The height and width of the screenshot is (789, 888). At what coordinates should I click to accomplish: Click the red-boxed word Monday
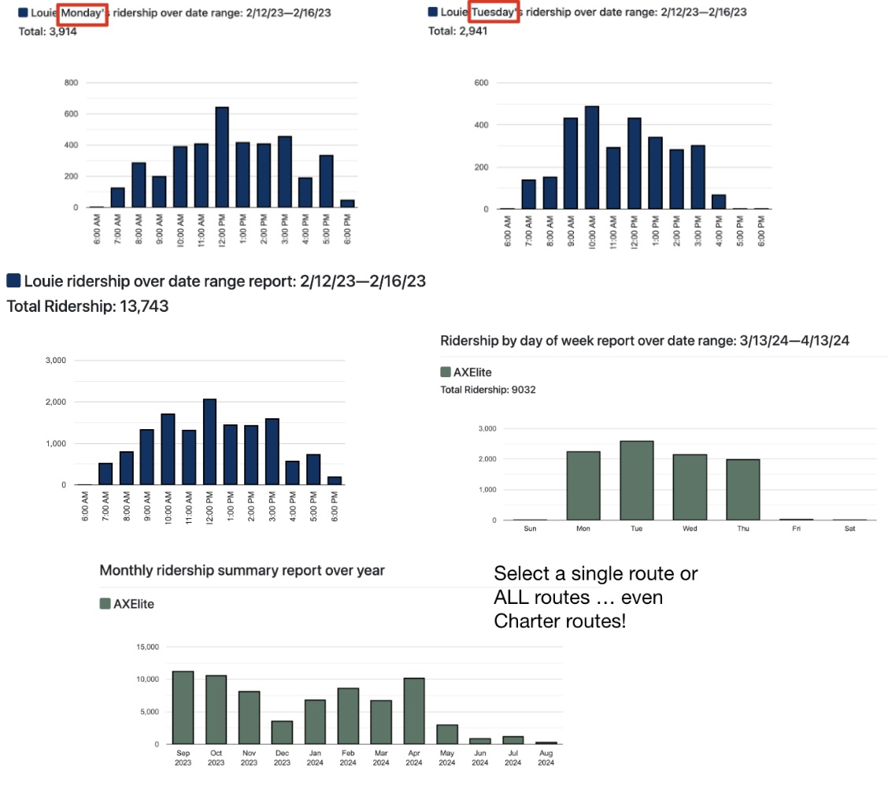click(83, 13)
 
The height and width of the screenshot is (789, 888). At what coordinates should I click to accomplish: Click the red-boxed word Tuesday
click(494, 12)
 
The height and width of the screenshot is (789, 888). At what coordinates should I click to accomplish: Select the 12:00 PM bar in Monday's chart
click(222, 157)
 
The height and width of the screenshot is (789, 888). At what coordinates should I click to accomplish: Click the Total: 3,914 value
click(47, 31)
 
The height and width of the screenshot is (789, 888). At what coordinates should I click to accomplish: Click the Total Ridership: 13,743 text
click(87, 306)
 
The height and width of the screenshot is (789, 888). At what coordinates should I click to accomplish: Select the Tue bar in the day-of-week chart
click(636, 480)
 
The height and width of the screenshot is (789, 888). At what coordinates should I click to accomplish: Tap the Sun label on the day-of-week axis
click(530, 528)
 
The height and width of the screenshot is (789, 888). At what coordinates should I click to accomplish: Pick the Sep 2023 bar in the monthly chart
click(183, 707)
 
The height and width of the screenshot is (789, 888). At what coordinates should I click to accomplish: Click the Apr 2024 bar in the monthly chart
click(414, 711)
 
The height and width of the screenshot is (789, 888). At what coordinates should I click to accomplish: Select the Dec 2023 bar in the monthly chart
click(282, 732)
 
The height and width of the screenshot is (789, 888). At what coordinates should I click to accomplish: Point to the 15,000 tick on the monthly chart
click(147, 647)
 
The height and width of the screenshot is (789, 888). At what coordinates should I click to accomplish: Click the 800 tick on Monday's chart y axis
click(71, 83)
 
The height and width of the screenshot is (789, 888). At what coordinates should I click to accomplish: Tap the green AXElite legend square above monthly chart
click(105, 604)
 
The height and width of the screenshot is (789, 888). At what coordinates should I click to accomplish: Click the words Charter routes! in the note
click(561, 621)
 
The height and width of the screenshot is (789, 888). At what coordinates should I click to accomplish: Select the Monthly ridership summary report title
click(242, 570)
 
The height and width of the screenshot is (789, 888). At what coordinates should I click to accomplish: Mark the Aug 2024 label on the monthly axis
click(546, 759)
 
